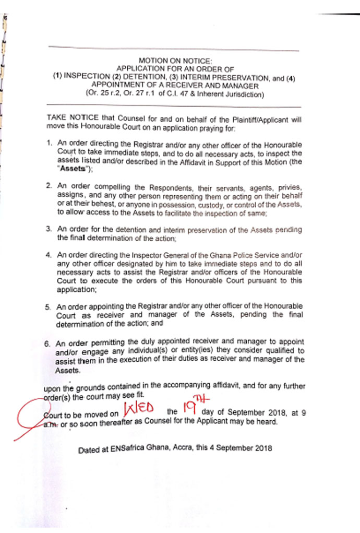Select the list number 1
click(48, 143)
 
